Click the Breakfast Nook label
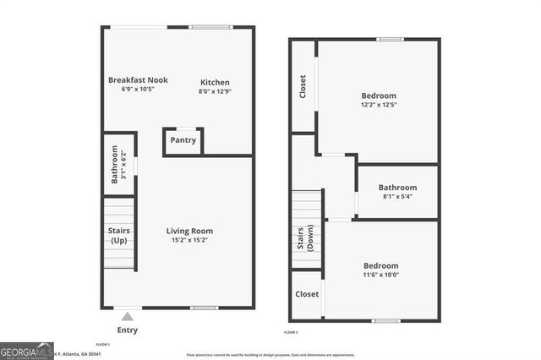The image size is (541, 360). tap(138, 80)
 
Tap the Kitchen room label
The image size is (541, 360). tap(214, 82)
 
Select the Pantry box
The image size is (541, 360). tap(183, 140)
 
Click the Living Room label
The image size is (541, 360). tap(189, 231)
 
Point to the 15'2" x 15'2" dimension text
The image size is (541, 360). tap(189, 240)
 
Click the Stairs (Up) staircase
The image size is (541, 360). tap(119, 233)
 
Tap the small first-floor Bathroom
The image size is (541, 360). tap(119, 164)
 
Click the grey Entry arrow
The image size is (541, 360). tap(127, 317)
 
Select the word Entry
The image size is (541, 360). tap(127, 330)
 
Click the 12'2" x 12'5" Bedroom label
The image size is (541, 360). tap(378, 95)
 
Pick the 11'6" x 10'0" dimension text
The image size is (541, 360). tap(380, 275)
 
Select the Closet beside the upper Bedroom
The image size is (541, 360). tap(303, 86)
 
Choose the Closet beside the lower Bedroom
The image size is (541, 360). tap(306, 294)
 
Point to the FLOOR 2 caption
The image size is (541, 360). tap(291, 332)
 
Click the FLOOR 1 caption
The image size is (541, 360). tap(103, 345)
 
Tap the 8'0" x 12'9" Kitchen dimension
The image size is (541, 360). tap(214, 91)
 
